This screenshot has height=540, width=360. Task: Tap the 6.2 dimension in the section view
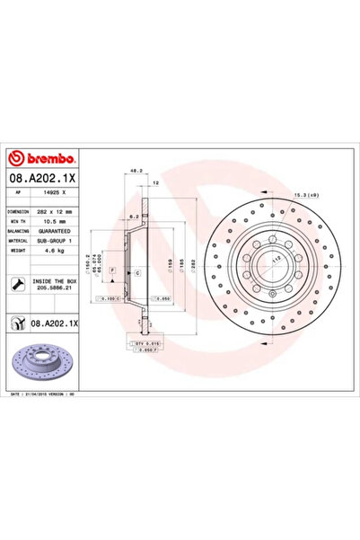[134, 217]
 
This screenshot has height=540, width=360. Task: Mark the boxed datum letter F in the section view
[112, 270]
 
